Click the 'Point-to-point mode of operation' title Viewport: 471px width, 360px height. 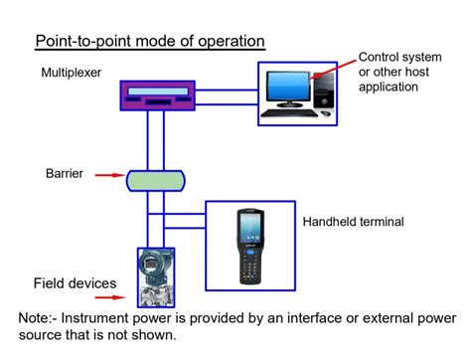pyautogui.click(x=150, y=42)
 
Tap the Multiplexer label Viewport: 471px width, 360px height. pyautogui.click(x=73, y=73)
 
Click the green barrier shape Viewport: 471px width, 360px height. pyautogui.click(x=156, y=181)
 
